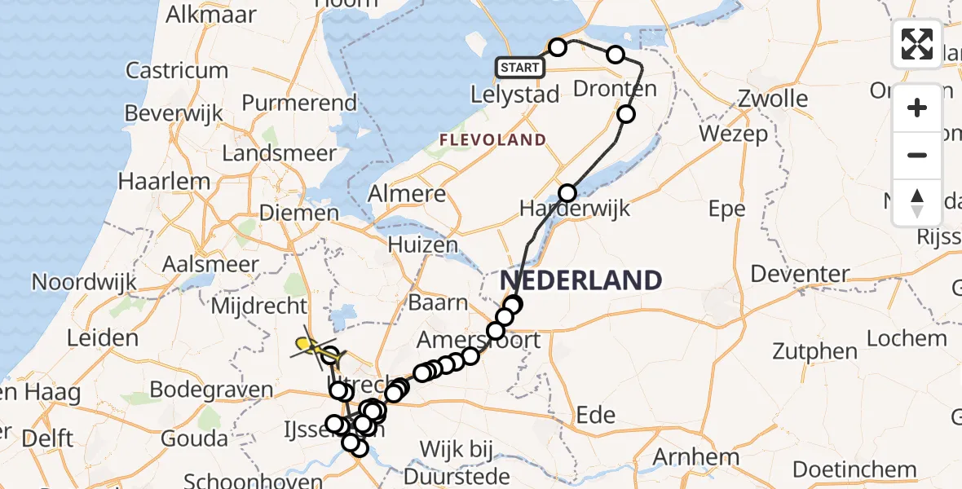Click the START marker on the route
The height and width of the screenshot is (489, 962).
tap(519, 67)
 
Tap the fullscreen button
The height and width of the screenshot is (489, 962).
tap(917, 44)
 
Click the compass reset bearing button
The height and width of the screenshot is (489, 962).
tap(917, 202)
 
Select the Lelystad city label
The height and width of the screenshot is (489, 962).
tap(515, 95)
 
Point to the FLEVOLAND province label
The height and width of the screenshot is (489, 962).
tap(492, 140)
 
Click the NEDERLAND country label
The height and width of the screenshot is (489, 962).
tap(580, 280)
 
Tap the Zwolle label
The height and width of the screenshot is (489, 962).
tap(772, 99)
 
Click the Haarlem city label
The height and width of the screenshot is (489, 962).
tap(155, 179)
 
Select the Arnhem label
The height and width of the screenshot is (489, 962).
tap(696, 456)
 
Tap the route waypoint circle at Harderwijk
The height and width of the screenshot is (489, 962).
tap(567, 193)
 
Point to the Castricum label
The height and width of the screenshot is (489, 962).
tap(177, 70)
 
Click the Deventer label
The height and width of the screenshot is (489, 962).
tap(800, 274)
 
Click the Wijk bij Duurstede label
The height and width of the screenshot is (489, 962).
tap(465, 461)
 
